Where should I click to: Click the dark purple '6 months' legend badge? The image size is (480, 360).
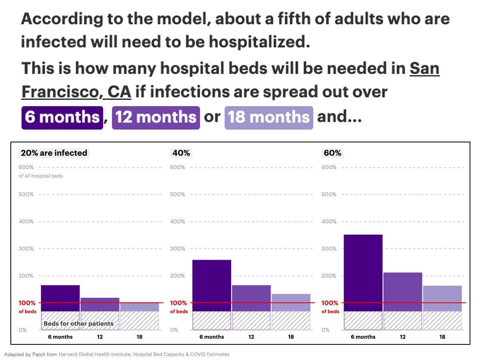click(62, 117)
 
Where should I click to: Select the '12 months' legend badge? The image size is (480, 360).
click(156, 117)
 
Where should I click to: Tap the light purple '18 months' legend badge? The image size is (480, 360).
click(269, 117)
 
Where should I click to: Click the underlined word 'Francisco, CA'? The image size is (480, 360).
click(76, 92)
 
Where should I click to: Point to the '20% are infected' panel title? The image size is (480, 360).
click(54, 153)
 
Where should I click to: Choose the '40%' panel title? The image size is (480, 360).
click(181, 153)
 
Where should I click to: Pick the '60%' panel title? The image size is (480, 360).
click(332, 153)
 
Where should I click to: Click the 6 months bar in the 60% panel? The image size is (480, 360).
click(363, 272)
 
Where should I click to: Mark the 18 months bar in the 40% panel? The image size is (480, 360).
click(291, 302)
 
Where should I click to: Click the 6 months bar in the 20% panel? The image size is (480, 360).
click(60, 298)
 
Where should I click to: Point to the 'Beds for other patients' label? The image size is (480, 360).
click(78, 324)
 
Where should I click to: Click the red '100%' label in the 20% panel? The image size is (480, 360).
click(27, 303)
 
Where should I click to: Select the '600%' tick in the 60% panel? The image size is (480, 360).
click(329, 167)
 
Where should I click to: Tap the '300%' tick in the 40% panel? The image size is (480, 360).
click(178, 248)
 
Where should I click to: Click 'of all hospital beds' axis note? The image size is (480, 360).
click(41, 176)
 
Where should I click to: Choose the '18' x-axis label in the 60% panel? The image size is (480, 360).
click(442, 337)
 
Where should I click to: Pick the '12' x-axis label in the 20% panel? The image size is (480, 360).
click(100, 337)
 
